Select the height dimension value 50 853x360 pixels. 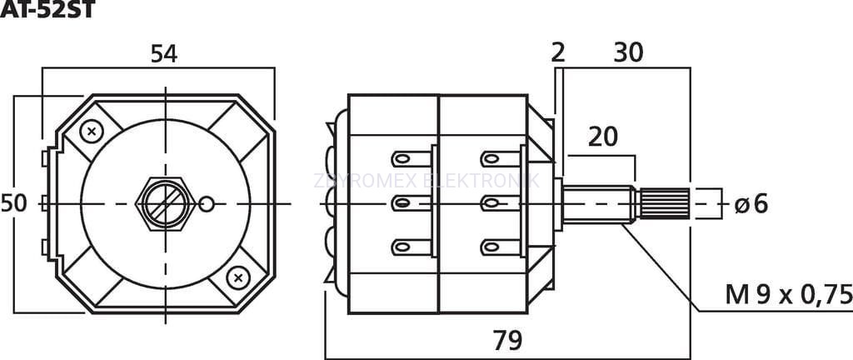(13, 202)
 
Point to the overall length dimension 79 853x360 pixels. (507, 340)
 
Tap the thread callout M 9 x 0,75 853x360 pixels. (788, 294)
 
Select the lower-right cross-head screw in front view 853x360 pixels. (238, 276)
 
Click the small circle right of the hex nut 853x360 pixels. (208, 202)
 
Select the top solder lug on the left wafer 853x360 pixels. (411, 157)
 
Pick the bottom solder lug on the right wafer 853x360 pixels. (501, 247)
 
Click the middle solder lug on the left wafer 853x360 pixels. (411, 202)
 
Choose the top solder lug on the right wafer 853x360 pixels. (501, 157)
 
